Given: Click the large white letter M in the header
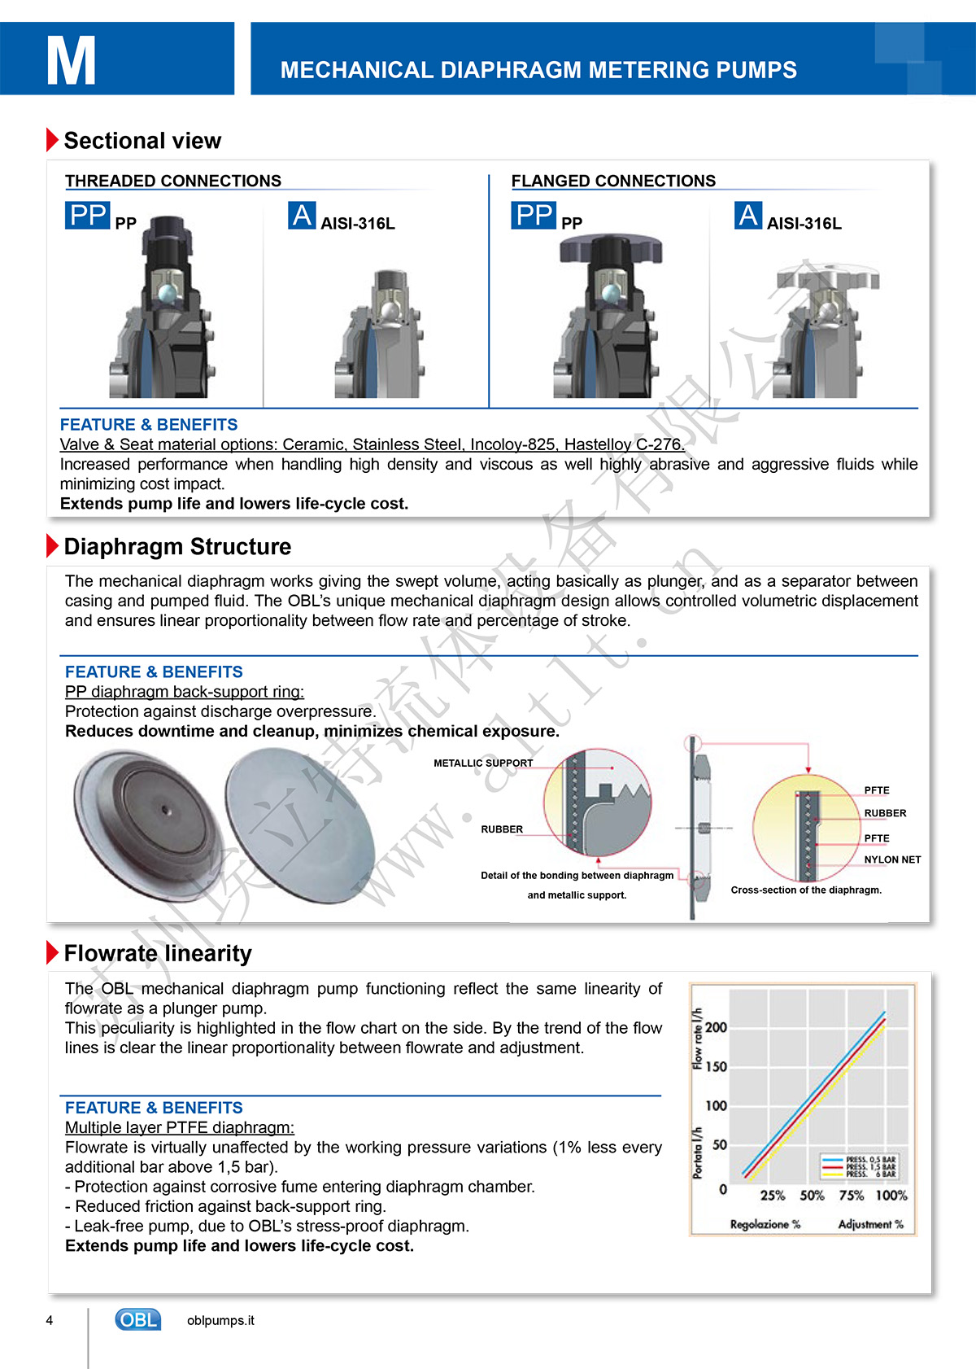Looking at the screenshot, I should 71,61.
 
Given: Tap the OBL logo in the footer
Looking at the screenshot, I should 137,1319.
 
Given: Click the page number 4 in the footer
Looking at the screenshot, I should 50,1320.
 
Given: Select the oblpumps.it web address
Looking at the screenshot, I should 220,1320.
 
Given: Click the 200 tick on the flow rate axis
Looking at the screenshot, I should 716,1028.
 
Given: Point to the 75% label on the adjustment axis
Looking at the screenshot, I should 851,1196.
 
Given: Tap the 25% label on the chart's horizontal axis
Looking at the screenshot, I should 772,1196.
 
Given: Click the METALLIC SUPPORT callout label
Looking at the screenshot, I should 483,763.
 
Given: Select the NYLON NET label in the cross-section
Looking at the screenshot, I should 892,859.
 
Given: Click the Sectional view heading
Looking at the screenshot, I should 142,141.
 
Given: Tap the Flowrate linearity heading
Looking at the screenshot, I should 158,953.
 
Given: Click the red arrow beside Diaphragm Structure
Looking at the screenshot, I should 53,546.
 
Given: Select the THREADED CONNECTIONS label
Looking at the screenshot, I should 173,181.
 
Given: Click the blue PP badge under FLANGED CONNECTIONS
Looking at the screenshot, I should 534,215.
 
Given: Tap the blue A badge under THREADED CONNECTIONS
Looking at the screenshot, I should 302,215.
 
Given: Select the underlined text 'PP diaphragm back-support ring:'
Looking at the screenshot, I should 185,692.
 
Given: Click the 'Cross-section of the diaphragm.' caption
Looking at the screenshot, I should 806,890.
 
